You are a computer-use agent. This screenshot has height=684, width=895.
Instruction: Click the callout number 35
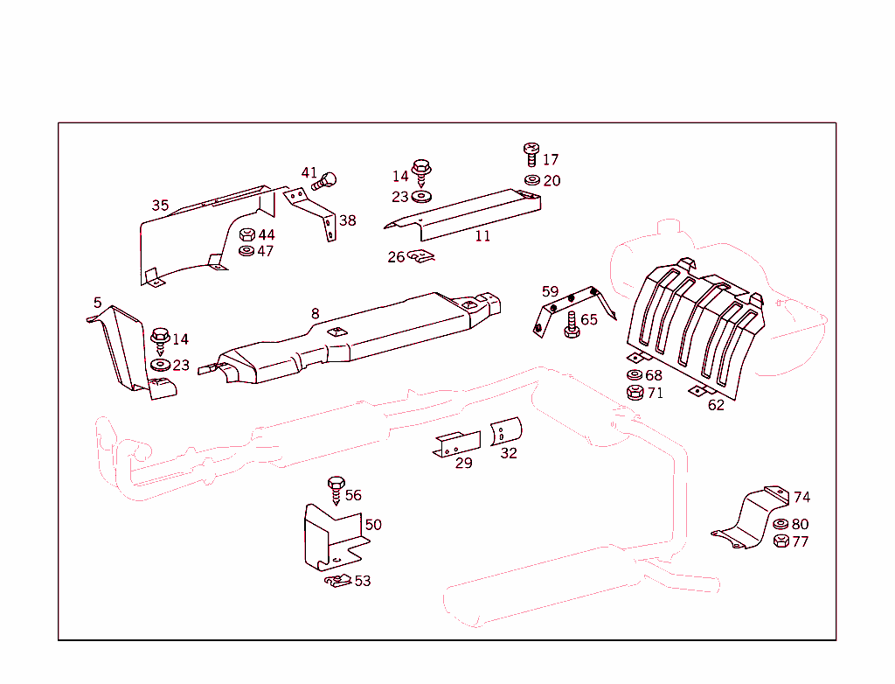pyautogui.click(x=160, y=206)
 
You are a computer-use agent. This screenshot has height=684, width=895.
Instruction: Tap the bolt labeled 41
pyautogui.click(x=325, y=182)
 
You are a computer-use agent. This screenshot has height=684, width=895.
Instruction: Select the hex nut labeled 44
pyautogui.click(x=246, y=235)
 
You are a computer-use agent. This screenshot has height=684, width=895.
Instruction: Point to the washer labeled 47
pyautogui.click(x=246, y=252)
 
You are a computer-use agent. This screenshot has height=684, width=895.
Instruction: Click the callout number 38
pyautogui.click(x=348, y=220)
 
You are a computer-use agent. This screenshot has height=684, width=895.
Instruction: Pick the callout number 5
pyautogui.click(x=97, y=303)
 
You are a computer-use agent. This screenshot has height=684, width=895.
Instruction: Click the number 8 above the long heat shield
pyautogui.click(x=315, y=313)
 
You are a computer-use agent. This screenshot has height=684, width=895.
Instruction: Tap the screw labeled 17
pyautogui.click(x=530, y=154)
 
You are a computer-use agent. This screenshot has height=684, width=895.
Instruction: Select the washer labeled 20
pyautogui.click(x=531, y=180)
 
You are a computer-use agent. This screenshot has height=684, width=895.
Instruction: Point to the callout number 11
pyautogui.click(x=482, y=236)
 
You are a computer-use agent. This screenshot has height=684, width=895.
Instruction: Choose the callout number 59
pyautogui.click(x=550, y=291)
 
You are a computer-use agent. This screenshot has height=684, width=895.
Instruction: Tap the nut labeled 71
pyautogui.click(x=635, y=393)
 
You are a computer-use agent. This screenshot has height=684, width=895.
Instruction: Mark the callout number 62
pyautogui.click(x=716, y=405)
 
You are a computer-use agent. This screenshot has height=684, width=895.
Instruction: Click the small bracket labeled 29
pyautogui.click(x=458, y=443)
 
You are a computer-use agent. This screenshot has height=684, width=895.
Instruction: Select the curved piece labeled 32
pyautogui.click(x=506, y=432)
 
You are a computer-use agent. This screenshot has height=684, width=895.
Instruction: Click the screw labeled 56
pyautogui.click(x=336, y=491)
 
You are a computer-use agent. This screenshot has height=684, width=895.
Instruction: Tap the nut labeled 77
pyautogui.click(x=781, y=541)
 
